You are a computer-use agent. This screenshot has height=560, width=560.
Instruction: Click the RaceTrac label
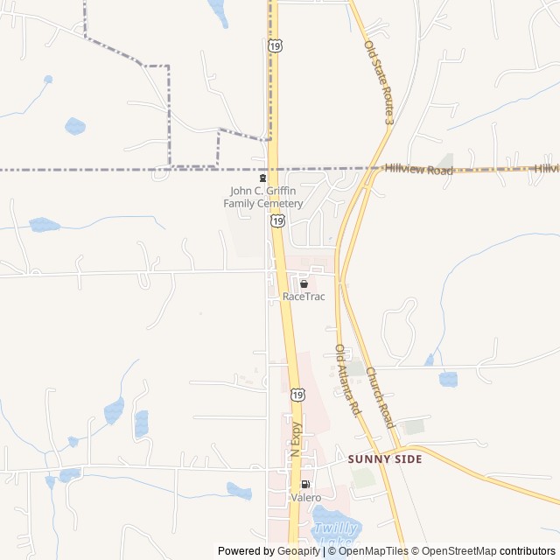304,297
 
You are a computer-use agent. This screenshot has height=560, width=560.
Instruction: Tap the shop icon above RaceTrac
304,284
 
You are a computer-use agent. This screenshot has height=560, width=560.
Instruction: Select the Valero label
305,498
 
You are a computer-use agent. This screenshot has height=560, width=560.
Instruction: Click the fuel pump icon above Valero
305,485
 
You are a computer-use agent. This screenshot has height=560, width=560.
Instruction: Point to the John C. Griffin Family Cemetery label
263,197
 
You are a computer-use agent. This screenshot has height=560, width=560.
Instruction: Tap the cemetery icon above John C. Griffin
262,178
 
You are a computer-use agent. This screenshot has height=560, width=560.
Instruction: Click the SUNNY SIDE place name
385,458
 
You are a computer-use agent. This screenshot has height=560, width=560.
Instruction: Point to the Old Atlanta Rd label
347,379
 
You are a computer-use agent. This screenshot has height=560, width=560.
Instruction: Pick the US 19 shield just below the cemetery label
277,220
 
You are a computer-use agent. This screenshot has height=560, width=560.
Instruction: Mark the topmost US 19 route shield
275,45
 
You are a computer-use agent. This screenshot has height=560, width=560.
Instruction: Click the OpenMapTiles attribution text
374,551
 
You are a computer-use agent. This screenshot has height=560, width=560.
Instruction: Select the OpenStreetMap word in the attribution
460,551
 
